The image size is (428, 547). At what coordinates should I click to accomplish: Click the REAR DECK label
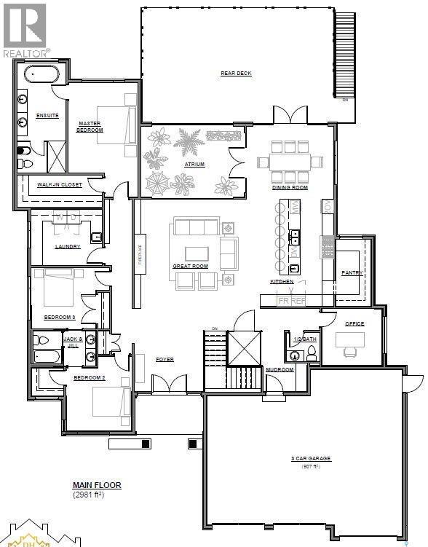tap(236, 74)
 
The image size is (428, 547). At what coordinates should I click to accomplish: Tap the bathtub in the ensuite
tap(42, 74)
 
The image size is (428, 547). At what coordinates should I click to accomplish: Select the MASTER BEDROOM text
tap(90, 126)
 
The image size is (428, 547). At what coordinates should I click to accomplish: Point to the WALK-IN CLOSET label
tap(60, 185)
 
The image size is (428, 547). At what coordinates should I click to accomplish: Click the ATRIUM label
tap(194, 165)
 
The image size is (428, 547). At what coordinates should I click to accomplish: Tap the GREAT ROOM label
tap(190, 267)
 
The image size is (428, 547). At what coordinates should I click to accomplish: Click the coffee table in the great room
tap(197, 253)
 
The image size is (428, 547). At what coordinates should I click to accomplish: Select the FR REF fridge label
tap(292, 300)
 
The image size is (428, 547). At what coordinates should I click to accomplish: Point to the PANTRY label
tap(352, 272)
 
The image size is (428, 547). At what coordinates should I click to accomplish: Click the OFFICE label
tap(354, 323)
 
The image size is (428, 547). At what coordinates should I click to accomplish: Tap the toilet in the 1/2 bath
tap(312, 353)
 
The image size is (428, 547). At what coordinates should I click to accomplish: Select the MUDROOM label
tap(279, 369)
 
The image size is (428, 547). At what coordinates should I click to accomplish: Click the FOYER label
tap(164, 359)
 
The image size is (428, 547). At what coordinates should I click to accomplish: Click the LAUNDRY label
tap(67, 246)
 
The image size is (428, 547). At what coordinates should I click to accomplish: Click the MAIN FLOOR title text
tap(96, 484)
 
